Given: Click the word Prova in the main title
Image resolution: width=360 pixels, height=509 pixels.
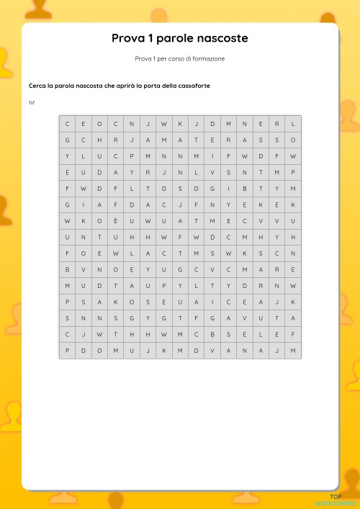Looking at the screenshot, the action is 127,38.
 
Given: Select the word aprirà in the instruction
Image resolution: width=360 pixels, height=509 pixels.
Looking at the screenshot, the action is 125,86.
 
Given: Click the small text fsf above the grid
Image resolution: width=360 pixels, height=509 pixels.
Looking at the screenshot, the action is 32,102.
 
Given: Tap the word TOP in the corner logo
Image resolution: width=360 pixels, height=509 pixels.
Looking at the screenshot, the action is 336,497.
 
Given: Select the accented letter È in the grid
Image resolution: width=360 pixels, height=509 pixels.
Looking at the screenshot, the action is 115,221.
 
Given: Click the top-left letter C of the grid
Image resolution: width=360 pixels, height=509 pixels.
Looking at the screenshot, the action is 67,123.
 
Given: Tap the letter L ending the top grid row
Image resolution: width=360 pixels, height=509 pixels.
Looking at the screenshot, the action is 293,123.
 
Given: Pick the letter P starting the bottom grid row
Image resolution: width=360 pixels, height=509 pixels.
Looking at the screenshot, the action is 67,351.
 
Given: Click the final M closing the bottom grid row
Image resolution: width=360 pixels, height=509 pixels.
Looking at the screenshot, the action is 293,351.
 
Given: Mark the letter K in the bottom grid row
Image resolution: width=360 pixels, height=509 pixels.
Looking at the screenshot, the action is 163,351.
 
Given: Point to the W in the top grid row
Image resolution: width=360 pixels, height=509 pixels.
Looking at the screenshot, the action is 163,123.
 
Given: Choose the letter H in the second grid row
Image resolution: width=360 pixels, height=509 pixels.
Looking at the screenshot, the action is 99,140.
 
